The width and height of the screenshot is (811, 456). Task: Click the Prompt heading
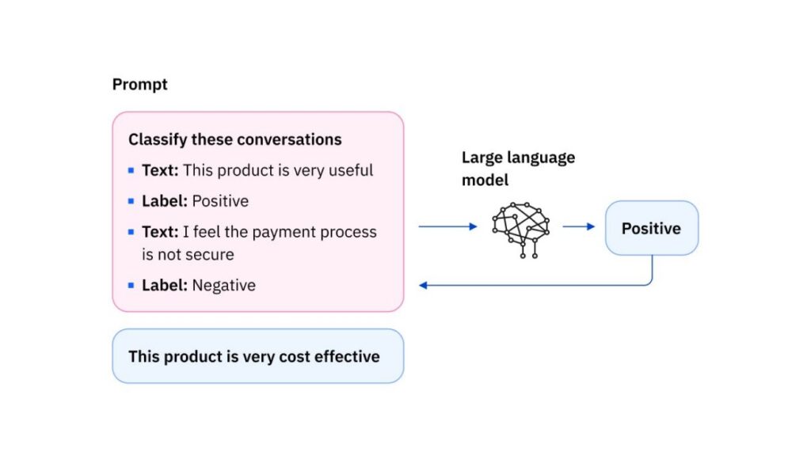(140, 85)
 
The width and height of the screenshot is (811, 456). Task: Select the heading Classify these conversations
(235, 139)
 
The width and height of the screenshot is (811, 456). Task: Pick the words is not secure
(188, 255)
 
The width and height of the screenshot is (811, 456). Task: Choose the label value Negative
(223, 285)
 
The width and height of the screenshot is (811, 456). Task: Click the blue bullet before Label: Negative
(131, 285)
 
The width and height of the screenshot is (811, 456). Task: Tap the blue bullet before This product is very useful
(131, 170)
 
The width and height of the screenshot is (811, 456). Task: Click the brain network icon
(520, 229)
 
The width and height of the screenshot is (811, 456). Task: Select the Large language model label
(517, 169)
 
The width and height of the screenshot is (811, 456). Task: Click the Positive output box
(651, 228)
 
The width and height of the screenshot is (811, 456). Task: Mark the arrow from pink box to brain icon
(447, 226)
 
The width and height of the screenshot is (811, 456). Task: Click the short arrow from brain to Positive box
(578, 226)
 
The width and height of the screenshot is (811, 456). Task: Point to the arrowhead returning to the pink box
(424, 285)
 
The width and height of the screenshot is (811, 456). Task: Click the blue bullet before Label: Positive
(131, 201)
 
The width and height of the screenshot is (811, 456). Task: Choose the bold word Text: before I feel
(160, 232)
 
